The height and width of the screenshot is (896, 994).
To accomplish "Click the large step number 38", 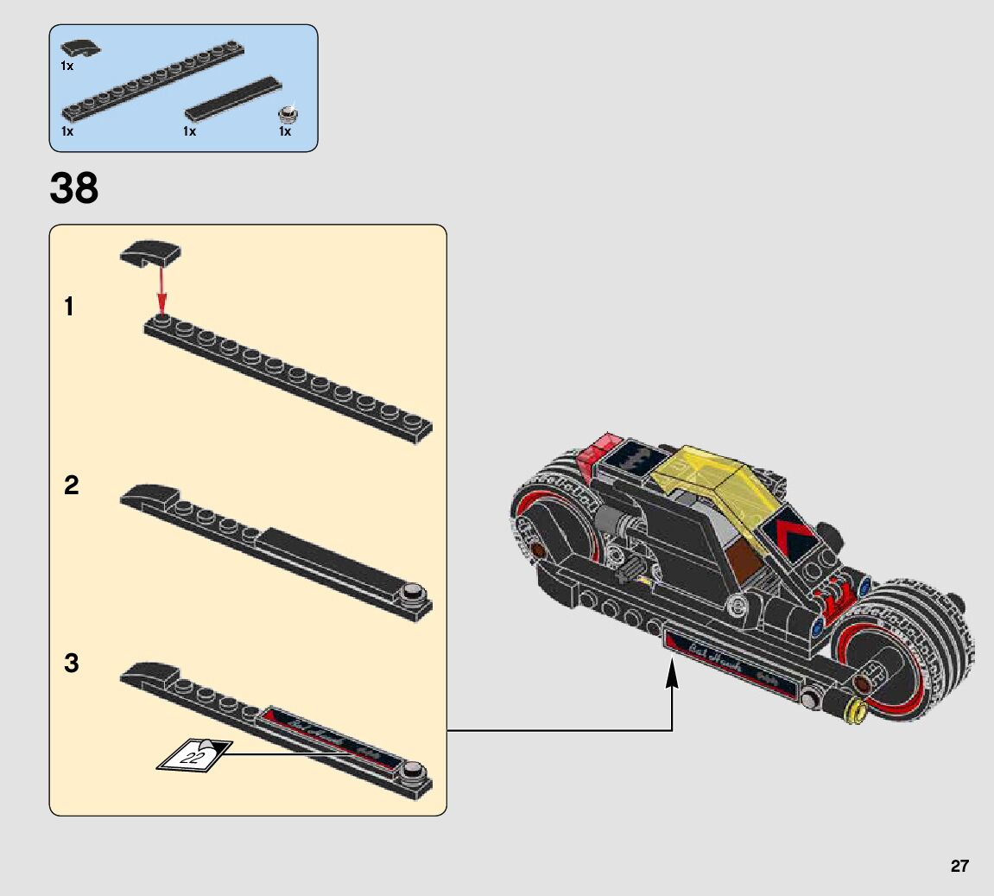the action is [x=74, y=188].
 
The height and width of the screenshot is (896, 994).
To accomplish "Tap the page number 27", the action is [x=959, y=866].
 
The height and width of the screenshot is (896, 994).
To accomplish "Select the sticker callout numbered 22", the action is [x=193, y=755].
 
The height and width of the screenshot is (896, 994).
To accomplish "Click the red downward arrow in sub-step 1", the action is [x=161, y=289].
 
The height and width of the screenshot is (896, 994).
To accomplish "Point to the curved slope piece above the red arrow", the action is [x=150, y=253].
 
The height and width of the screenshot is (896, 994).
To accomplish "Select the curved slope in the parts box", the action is [x=80, y=48].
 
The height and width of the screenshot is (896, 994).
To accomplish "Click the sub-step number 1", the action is [x=70, y=307].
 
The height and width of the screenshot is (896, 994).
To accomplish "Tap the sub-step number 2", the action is [x=71, y=486].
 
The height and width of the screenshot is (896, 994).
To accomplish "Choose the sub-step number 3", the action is [x=71, y=664].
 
